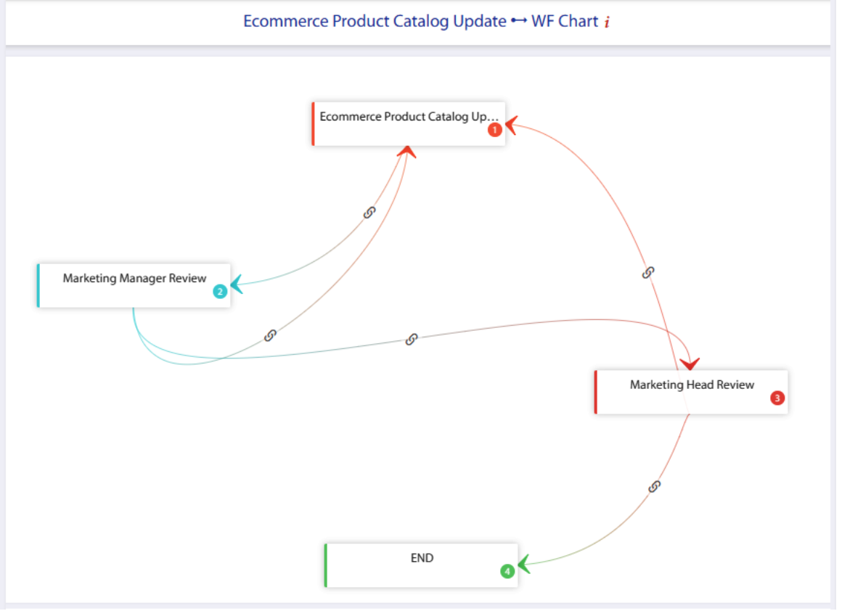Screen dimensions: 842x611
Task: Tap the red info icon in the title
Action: point(607,22)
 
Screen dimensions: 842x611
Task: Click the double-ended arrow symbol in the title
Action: point(519,21)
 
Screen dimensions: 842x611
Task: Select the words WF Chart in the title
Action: point(565,22)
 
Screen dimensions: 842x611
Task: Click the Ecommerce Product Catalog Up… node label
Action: point(409,117)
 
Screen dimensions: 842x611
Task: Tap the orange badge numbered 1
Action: point(494,130)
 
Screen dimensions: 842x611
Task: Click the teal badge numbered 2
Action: point(220,292)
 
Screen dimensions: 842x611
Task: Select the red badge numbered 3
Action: point(777,398)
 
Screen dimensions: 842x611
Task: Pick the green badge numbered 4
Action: point(507,571)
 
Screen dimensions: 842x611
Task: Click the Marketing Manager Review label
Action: point(134,278)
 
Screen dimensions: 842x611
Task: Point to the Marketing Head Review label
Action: point(692,385)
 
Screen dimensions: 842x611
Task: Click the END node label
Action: point(422,558)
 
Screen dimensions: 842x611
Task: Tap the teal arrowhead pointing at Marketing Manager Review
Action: point(237,284)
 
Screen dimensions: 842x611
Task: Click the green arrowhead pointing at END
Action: point(524,565)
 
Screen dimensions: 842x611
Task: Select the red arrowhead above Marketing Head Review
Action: point(690,364)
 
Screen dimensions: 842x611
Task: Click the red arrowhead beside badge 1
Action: point(511,125)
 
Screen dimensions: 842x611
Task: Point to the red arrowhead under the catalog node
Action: point(407,152)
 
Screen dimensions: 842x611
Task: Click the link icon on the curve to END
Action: point(654,487)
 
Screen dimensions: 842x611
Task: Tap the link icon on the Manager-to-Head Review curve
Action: point(412,340)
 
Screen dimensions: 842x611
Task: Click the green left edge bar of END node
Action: point(326,565)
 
